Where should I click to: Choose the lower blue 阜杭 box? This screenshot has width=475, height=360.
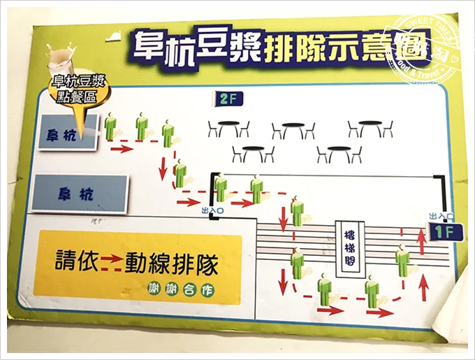pos(81,193)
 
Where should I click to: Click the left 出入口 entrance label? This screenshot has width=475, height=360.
pos(212,208)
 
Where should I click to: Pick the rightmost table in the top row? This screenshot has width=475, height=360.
pos(370,128)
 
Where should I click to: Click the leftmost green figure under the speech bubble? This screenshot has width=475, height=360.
pos(110,128)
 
